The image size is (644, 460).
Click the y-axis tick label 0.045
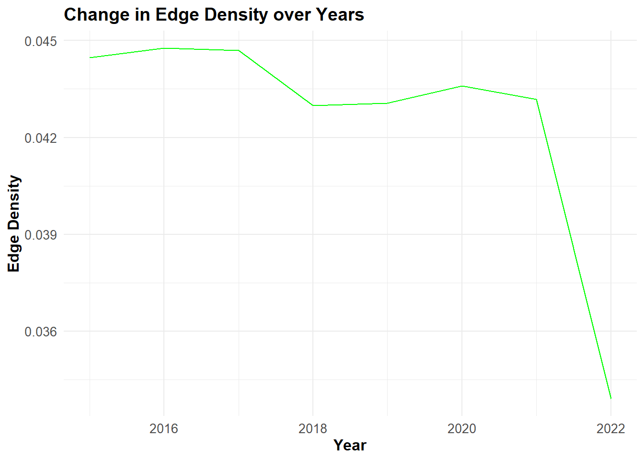41,41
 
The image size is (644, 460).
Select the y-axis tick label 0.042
41,138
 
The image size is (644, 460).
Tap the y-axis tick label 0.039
41,235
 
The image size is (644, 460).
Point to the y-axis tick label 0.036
41,332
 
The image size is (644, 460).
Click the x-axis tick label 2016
164,429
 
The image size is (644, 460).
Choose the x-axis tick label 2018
313,429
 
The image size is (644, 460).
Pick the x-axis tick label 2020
462,429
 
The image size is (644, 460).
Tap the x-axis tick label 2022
611,429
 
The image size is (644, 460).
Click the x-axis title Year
350,445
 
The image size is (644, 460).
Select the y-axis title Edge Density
13,223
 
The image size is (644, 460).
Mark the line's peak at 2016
164,48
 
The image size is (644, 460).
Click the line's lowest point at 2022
611,399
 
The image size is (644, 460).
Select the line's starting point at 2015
90,57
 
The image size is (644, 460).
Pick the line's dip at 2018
313,105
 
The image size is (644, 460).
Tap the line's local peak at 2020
462,86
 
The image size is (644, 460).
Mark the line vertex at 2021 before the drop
537,100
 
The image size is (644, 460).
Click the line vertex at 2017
239,50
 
